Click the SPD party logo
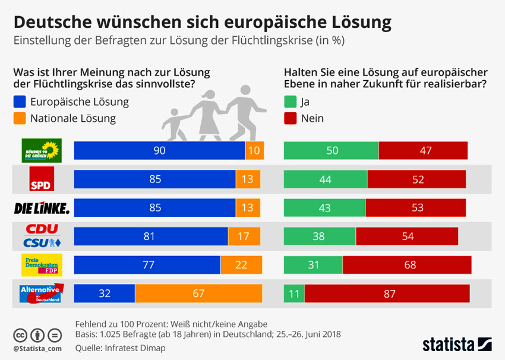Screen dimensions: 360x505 (x=42, y=179)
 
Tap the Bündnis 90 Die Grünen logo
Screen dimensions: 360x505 (x=42, y=151)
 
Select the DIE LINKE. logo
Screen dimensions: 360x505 (x=42, y=207)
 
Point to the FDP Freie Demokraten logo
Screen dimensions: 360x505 (x=42, y=265)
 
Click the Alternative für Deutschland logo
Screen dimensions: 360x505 (x=42, y=293)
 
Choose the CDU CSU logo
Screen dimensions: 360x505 (x=42, y=236)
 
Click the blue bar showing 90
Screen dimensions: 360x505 (x=159, y=151)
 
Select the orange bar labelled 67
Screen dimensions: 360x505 (x=198, y=293)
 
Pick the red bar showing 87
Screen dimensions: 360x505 (x=387, y=293)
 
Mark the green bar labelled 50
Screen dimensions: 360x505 (x=332, y=151)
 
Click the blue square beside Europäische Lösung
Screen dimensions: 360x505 (x=19, y=102)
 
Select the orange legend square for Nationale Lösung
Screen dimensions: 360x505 (x=19, y=118)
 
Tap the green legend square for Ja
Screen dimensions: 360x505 (x=291, y=102)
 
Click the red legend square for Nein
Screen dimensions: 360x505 (x=291, y=118)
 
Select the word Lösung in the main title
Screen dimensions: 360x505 (x=358, y=23)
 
